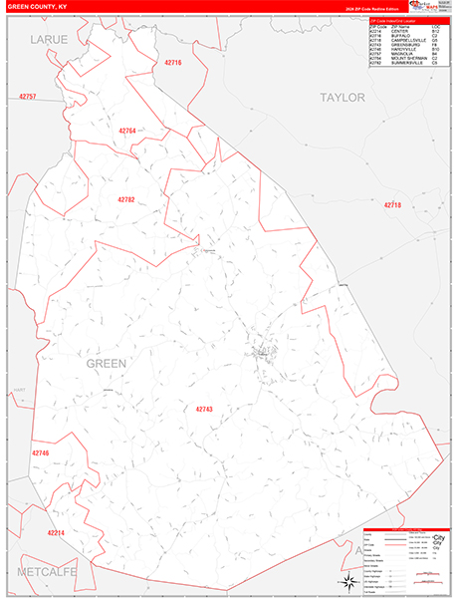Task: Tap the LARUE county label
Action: [x=47, y=39]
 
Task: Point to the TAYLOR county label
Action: [x=343, y=98]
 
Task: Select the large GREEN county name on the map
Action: [x=107, y=364]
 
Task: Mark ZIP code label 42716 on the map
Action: [x=172, y=63]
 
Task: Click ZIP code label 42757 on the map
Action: [x=28, y=97]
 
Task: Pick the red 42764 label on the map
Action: [x=126, y=131]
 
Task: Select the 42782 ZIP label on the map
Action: [x=125, y=199]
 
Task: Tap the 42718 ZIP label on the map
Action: [x=392, y=205]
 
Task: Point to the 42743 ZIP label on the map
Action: [x=205, y=409]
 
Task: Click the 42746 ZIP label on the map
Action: [x=40, y=453]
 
